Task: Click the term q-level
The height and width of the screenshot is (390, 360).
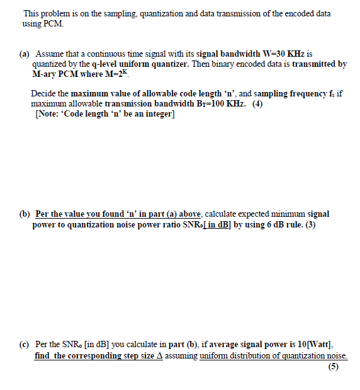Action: point(103,64)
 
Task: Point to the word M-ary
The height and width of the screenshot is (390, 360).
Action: point(43,74)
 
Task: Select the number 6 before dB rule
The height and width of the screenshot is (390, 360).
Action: point(255,224)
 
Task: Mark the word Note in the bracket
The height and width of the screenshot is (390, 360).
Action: point(47,113)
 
